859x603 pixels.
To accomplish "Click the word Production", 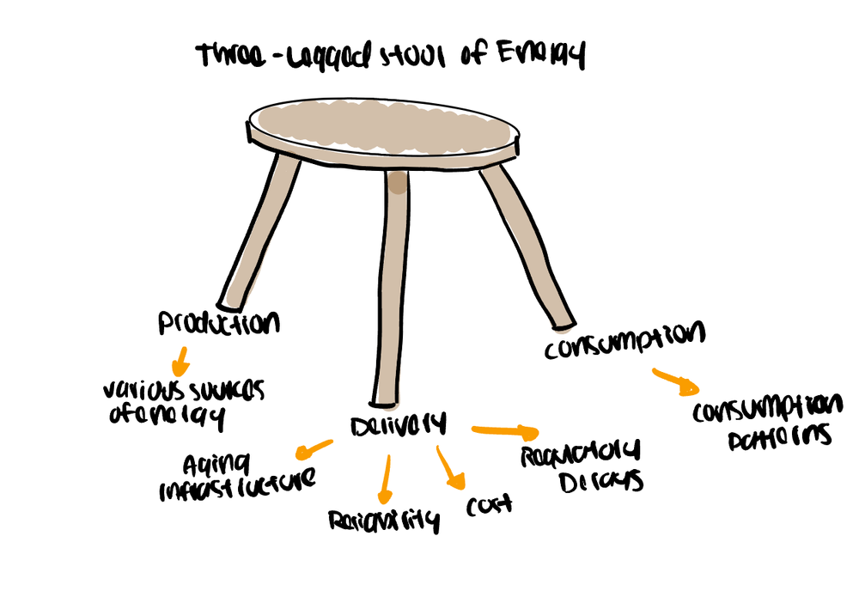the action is tap(219, 324).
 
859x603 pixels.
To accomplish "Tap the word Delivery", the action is tap(398, 425).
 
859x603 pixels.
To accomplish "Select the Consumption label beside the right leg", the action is tap(624, 339).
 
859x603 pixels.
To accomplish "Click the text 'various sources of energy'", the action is tap(183, 403).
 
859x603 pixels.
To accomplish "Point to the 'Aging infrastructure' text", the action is tap(237, 477).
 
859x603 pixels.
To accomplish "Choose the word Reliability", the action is tap(383, 521).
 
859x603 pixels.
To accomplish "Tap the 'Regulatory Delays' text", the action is tap(582, 466).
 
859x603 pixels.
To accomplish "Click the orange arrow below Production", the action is tap(179, 356).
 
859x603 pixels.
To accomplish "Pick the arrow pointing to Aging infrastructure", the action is tap(313, 448).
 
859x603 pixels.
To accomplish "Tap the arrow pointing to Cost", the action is tap(449, 469).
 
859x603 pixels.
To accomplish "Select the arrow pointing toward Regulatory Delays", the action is tap(505, 430).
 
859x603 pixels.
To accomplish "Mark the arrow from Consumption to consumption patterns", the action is tap(675, 381).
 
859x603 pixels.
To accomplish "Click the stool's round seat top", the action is tap(383, 130).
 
